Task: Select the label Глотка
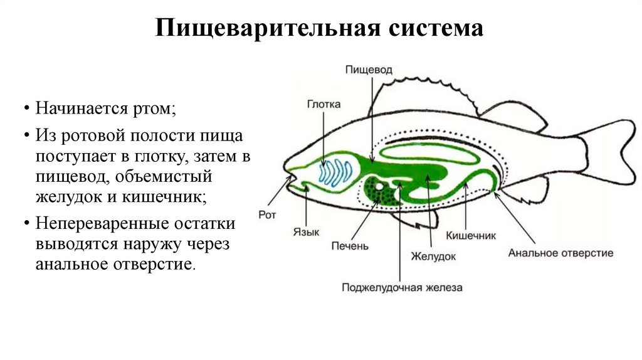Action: point(324,105)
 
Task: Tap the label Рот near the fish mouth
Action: point(267,214)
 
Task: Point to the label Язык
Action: point(307,231)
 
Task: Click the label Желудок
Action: point(433,256)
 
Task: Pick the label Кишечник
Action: point(471,236)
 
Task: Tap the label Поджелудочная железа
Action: point(402,288)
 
